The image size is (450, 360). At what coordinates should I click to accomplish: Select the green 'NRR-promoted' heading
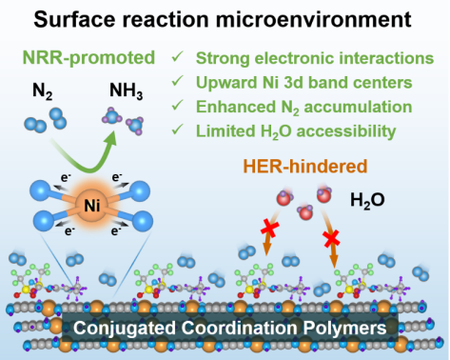point(88,58)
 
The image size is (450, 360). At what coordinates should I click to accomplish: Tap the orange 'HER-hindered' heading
point(305,166)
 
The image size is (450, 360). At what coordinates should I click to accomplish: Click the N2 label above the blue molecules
point(42,91)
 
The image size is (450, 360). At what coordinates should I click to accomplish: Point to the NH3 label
point(126,91)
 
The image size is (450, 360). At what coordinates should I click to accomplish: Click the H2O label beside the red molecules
point(367,201)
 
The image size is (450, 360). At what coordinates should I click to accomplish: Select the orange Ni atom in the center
point(92,206)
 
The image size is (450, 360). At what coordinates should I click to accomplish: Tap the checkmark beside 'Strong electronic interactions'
point(177,57)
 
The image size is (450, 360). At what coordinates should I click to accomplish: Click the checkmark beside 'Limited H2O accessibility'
point(177,130)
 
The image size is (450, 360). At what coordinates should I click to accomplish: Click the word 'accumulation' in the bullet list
point(358,107)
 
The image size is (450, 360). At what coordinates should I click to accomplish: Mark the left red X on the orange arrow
point(270,229)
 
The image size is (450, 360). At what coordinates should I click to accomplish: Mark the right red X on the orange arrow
point(331,239)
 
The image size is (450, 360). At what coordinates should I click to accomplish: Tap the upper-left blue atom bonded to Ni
point(40,190)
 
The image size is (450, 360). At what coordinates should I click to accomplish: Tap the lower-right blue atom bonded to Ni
point(143,221)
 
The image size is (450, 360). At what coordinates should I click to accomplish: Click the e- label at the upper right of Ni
point(117,177)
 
